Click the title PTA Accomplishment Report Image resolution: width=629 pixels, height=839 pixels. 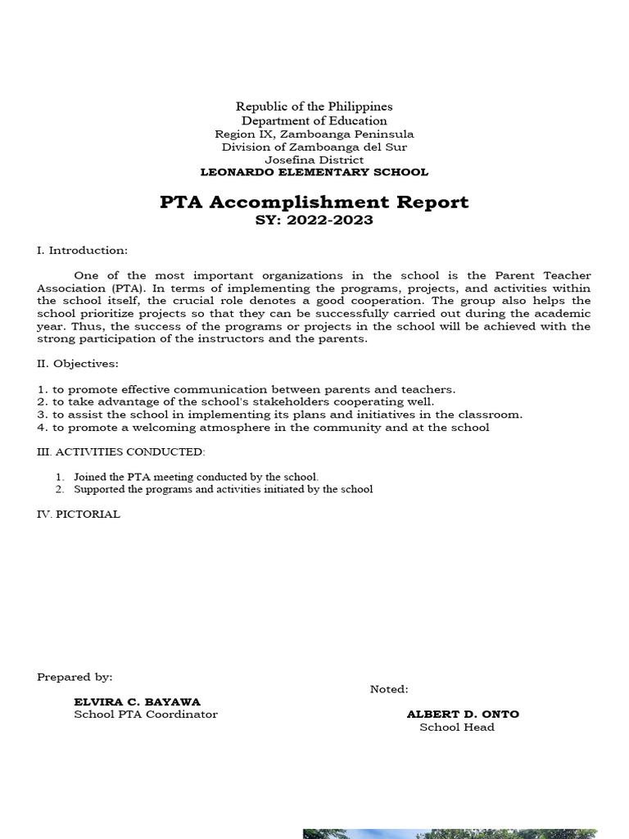(314, 202)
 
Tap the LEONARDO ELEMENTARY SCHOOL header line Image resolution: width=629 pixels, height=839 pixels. (314, 172)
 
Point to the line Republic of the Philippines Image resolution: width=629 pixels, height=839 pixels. (314, 107)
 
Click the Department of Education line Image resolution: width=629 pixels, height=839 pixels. (314, 120)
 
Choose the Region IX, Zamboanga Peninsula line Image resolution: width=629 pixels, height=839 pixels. (314, 134)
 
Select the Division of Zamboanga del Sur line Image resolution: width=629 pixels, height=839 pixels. (314, 147)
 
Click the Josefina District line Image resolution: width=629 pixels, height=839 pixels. (314, 160)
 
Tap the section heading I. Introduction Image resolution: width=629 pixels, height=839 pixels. (82, 250)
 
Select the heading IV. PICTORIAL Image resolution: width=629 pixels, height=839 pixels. (79, 514)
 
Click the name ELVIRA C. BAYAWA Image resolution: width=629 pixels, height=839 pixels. (137, 701)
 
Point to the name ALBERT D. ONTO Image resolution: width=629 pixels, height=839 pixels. (463, 714)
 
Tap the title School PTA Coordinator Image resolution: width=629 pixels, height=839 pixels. (146, 714)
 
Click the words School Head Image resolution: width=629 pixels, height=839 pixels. (457, 727)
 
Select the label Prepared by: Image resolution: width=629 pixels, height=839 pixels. (75, 677)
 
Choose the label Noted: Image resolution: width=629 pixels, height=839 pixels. (389, 689)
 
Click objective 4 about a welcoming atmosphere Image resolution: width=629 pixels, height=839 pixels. (264, 427)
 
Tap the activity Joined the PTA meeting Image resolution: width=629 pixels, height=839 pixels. (195, 476)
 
